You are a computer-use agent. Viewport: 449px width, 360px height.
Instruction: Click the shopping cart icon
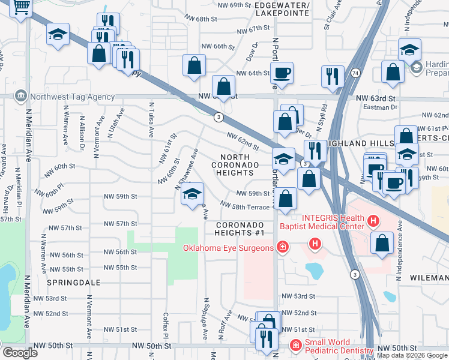[x=21, y=8]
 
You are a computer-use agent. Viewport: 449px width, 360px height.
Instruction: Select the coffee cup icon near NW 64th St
[x=282, y=74]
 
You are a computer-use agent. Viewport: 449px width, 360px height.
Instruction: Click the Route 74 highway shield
[x=356, y=73]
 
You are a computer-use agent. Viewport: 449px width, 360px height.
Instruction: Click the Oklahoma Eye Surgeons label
[x=229, y=247]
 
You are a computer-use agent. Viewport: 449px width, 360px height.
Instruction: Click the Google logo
[x=19, y=353]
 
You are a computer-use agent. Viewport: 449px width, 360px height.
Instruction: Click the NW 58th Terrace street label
[x=247, y=207]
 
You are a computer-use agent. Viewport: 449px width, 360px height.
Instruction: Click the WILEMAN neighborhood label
[x=429, y=278]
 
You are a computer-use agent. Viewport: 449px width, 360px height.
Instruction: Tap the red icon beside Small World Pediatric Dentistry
[x=296, y=346]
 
